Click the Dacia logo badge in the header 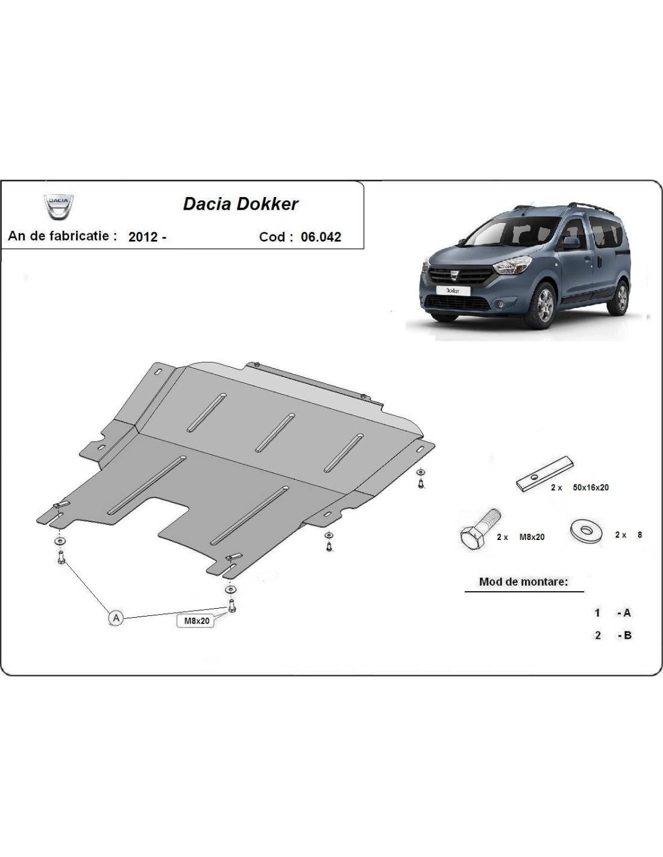coord(59,206)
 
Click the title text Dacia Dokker coord(240,204)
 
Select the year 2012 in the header coord(143,237)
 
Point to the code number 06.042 coord(321,237)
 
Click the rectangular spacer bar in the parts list coord(544,474)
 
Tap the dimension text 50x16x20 coord(591,488)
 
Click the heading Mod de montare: coord(523,582)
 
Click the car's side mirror coord(569,243)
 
